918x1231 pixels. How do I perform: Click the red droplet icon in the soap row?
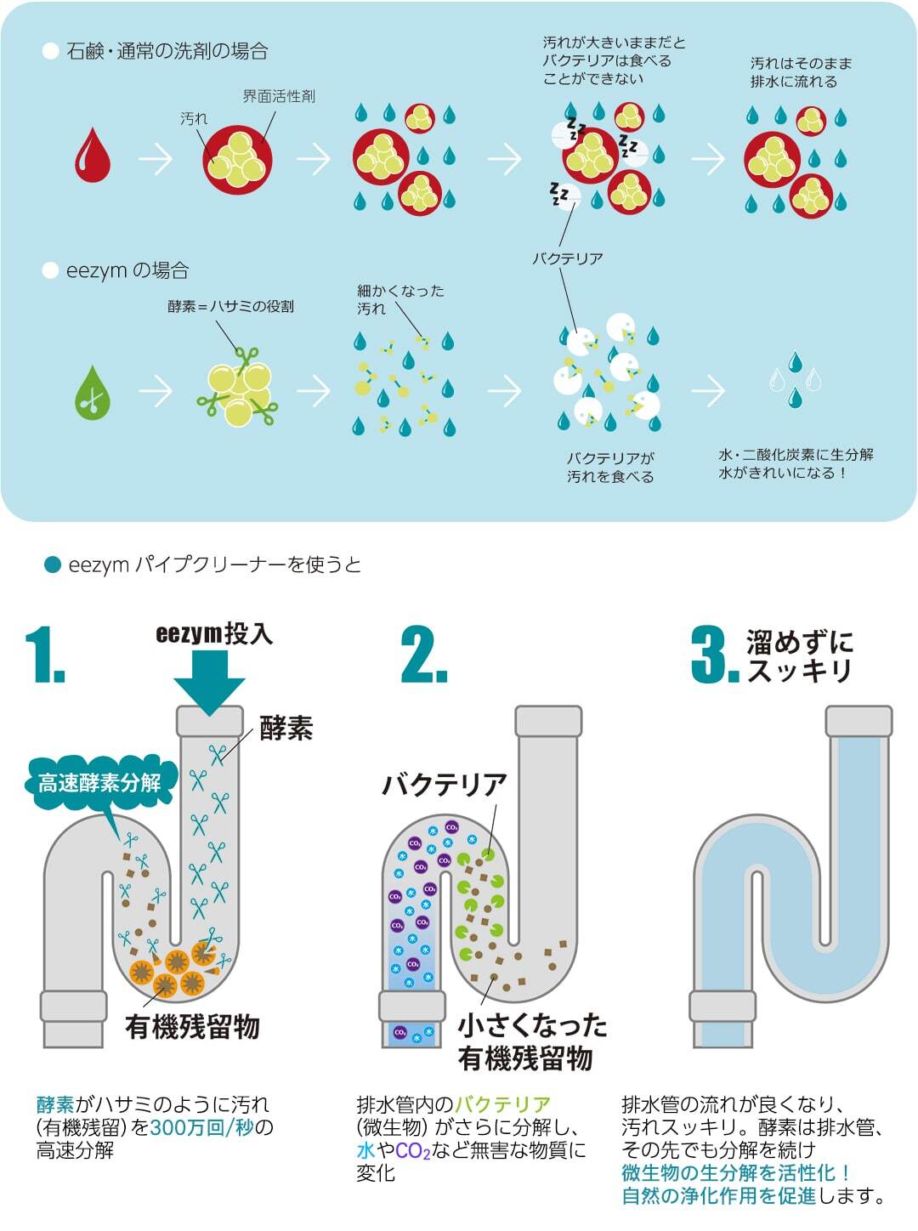(x=93, y=156)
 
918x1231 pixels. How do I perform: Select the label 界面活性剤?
(x=279, y=96)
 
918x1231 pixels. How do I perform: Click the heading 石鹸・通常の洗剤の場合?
(x=167, y=52)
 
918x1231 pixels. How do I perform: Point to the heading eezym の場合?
(x=127, y=271)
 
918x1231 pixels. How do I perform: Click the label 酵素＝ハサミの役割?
(x=230, y=307)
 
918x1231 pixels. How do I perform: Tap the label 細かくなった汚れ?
(x=400, y=299)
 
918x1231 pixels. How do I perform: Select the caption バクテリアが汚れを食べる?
(x=610, y=468)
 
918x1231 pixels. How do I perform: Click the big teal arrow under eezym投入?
(x=209, y=682)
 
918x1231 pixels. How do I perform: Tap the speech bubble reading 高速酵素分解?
(x=99, y=783)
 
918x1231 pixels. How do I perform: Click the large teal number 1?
(x=45, y=655)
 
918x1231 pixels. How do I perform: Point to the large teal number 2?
(x=424, y=655)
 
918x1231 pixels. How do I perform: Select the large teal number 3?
(x=715, y=655)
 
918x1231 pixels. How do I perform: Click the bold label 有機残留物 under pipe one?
(x=192, y=1027)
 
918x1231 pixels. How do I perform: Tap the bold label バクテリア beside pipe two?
(x=445, y=785)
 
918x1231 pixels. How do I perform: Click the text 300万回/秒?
(x=202, y=1127)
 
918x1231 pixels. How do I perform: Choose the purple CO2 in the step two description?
(x=413, y=1151)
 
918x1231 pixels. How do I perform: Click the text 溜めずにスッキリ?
(x=800, y=656)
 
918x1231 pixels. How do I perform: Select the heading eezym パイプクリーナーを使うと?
(x=214, y=564)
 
